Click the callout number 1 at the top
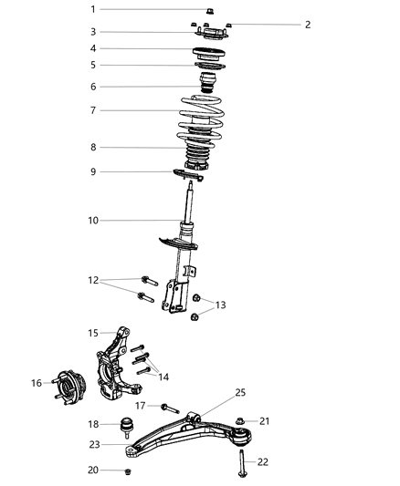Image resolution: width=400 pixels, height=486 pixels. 119,9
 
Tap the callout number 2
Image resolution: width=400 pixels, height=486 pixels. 308,25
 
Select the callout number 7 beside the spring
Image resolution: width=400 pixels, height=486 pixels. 119,110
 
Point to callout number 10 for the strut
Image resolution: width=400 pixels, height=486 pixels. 119,220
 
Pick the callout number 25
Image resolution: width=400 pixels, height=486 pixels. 241,392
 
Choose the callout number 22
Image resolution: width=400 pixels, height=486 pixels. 262,462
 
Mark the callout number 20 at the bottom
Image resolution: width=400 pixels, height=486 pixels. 119,470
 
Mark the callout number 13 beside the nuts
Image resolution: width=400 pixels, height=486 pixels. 221,305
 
